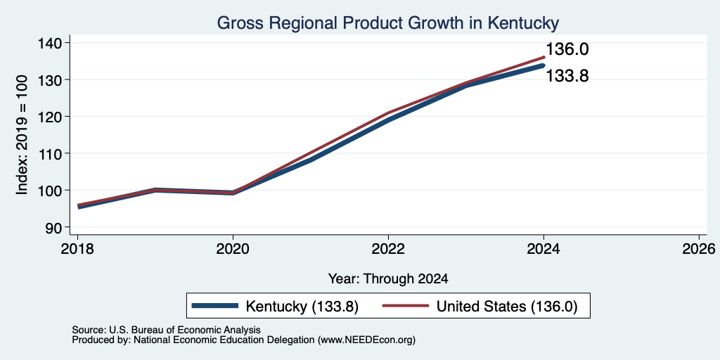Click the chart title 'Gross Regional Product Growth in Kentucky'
click(x=387, y=23)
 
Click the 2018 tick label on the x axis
click(x=77, y=250)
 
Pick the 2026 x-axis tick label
click(x=699, y=250)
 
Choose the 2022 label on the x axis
click(x=388, y=250)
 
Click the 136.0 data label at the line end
click(x=567, y=49)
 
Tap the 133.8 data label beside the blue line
click(x=567, y=76)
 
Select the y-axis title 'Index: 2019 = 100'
click(x=22, y=135)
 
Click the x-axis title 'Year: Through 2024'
click(x=388, y=278)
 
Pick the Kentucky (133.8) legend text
click(x=302, y=307)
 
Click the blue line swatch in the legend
click(x=215, y=306)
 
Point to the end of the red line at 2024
click(x=544, y=58)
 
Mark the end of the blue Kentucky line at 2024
click(x=544, y=65)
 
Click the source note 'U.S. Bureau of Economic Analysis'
click(x=185, y=330)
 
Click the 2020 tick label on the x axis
click(x=233, y=250)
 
